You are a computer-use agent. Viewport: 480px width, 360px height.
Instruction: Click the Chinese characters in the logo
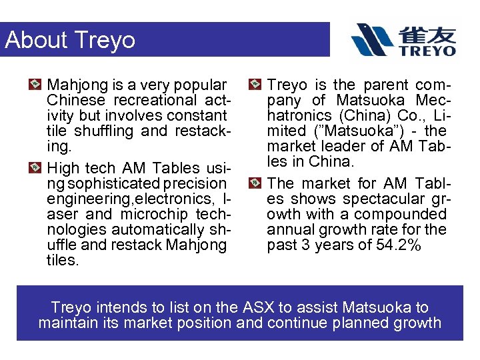click(427, 33)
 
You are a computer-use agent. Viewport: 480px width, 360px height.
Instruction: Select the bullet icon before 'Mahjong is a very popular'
click(37, 85)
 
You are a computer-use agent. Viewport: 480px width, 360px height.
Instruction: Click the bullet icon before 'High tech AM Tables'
click(37, 168)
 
